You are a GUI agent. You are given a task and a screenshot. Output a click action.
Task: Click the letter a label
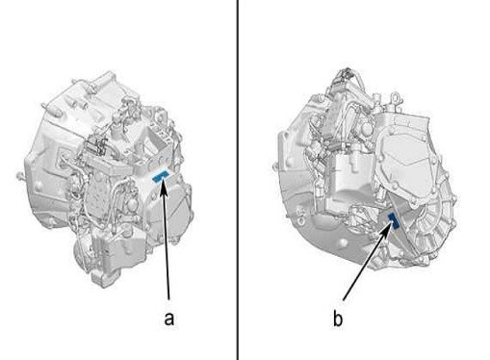(169, 319)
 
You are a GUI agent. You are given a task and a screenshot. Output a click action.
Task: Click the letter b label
(338, 319)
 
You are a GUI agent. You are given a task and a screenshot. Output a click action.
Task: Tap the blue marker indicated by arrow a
(161, 177)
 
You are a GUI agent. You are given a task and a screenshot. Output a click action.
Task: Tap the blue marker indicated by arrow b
(394, 220)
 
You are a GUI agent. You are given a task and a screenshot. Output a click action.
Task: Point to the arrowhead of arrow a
(164, 187)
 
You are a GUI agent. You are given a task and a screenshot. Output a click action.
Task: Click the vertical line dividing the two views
(238, 180)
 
